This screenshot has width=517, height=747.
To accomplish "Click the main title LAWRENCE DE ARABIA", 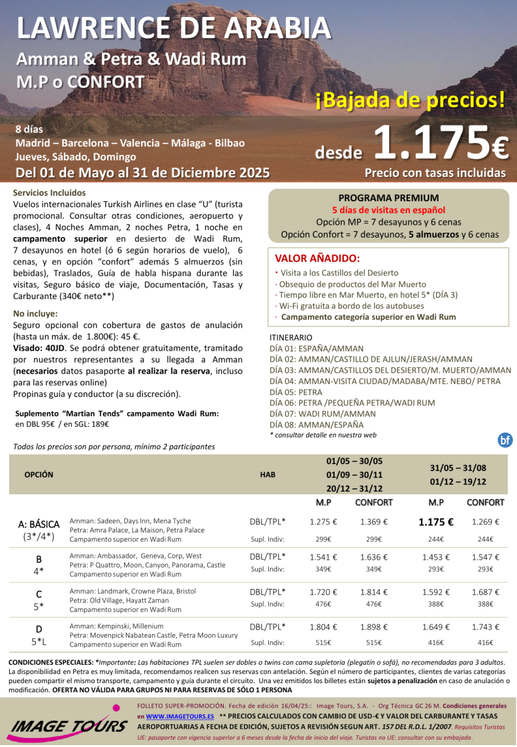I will tap(174, 27).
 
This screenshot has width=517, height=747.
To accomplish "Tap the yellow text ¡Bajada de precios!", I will tap(410, 100).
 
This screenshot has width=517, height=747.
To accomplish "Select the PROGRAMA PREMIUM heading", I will tap(388, 198).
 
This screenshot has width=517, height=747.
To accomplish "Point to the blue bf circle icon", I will tap(505, 441).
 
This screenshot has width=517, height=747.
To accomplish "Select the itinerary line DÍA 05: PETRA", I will tap(296, 392).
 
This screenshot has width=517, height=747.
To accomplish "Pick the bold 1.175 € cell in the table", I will tap(435, 522).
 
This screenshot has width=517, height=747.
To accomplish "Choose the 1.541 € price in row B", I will tap(323, 557).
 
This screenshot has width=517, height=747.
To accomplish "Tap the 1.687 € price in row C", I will tap(485, 592).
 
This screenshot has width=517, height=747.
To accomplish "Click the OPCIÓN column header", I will tap(39, 474).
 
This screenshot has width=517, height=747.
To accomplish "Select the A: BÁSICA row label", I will tap(39, 524).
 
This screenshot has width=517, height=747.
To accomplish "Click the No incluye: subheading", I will tap(35, 314).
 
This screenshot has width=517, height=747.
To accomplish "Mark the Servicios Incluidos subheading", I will tap(49, 193).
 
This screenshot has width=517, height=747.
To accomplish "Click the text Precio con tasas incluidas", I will tap(435, 173).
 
